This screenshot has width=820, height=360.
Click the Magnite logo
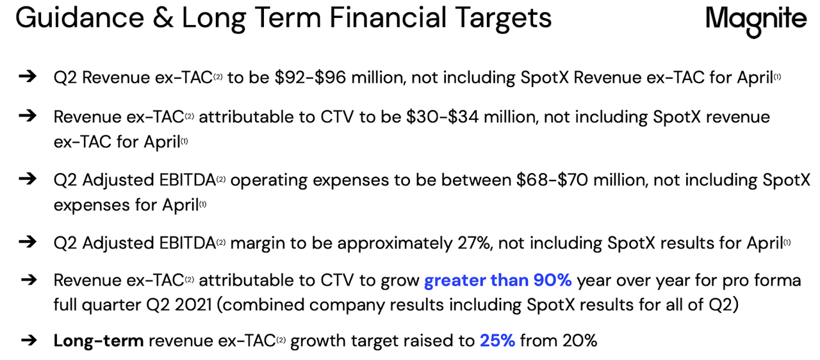point(756,20)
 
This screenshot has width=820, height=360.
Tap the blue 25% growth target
point(497,341)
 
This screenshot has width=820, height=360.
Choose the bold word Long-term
point(99,341)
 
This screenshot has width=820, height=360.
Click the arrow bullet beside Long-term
point(28,340)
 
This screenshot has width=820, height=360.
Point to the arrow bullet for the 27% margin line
point(28,243)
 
